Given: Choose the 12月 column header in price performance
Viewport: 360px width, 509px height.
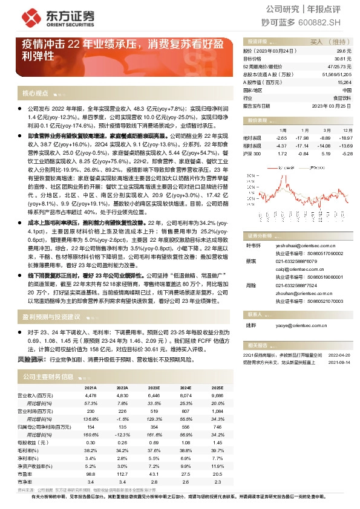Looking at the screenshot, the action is click(x=347, y=130).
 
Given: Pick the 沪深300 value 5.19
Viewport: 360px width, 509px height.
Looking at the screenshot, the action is click(x=326, y=154).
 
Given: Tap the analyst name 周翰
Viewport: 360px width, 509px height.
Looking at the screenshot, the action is click(x=249, y=285).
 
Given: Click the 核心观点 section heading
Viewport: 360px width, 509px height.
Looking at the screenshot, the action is click(x=34, y=93).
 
